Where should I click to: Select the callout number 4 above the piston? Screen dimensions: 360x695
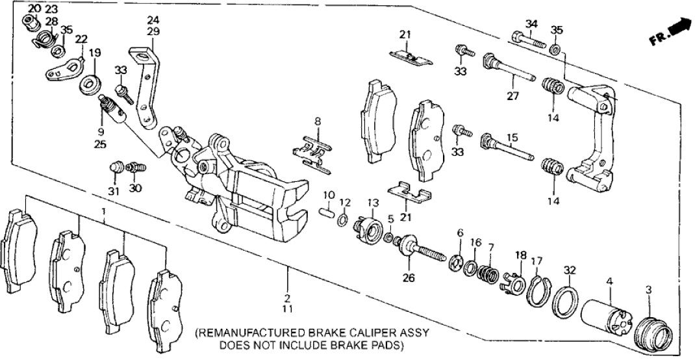click(609, 282)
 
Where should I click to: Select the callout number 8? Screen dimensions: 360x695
click(318, 122)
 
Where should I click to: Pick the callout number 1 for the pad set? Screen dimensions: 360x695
click(103, 211)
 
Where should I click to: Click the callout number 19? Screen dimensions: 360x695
click(95, 53)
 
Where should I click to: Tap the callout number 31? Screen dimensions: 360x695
click(114, 191)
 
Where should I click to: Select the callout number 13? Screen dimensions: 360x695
click(373, 203)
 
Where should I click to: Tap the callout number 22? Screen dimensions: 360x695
click(80, 40)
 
